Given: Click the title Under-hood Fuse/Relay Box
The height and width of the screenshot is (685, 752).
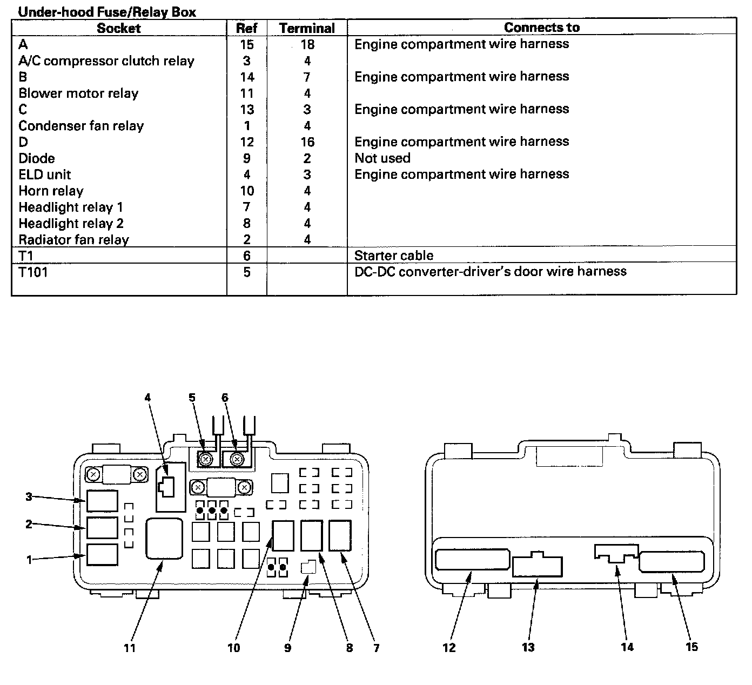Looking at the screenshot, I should (x=107, y=11).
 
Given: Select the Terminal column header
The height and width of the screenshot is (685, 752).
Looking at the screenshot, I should (x=307, y=28).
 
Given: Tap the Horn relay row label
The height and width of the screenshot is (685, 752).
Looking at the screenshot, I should (x=51, y=191).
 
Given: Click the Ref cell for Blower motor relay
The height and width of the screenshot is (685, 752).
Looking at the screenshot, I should (x=247, y=93).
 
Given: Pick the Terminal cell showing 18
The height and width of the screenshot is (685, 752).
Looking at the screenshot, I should (x=307, y=44).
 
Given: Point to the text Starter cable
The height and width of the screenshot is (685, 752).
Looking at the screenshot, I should (x=393, y=256).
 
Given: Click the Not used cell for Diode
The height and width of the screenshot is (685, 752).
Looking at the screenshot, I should (x=382, y=158).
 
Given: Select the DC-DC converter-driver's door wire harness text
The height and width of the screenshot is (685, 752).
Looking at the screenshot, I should (x=490, y=271).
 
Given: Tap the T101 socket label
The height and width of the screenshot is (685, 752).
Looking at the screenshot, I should (x=33, y=272).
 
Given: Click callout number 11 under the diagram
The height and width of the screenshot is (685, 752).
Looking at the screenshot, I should (x=130, y=647).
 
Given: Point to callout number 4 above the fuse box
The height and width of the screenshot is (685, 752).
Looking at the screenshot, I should (x=147, y=398).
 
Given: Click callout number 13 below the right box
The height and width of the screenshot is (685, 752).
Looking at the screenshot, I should (x=528, y=647).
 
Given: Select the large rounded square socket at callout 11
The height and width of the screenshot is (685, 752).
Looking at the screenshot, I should (x=164, y=538).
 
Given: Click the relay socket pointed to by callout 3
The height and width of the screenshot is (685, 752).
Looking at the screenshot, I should (x=102, y=501).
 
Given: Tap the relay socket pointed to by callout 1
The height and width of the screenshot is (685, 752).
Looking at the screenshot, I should (x=102, y=555).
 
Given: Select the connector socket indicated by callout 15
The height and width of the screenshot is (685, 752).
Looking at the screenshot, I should (x=672, y=562).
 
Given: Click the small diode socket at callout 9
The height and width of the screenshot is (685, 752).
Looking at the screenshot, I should (x=307, y=567).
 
